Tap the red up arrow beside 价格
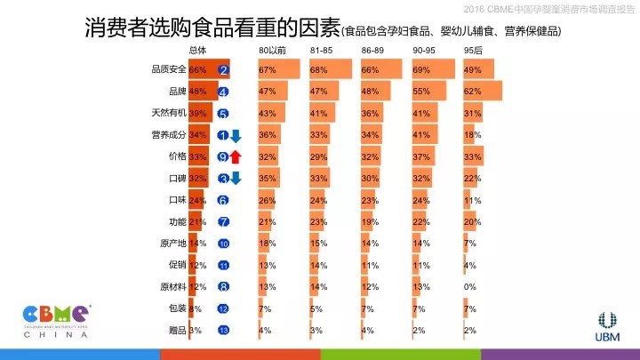coord(236,156)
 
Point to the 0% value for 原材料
coord(470,286)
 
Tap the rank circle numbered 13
coord(223,330)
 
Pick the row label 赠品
coord(173,330)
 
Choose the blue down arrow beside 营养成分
coord(236,135)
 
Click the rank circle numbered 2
coord(223,70)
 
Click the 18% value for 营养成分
coord(473,135)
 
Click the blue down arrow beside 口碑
coord(236,178)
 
